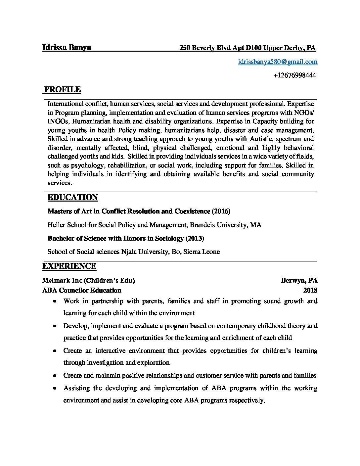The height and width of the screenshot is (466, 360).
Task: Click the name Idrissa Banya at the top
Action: pyautogui.click(x=67, y=47)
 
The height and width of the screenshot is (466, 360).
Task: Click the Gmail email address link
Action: pyautogui.click(x=278, y=61)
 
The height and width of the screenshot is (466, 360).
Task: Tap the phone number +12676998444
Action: pyautogui.click(x=294, y=75)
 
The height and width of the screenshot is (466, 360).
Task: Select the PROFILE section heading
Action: pyautogui.click(x=63, y=89)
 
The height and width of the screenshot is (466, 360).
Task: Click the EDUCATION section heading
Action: pyautogui.click(x=73, y=198)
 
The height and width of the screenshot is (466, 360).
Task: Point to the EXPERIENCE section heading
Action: pyautogui.click(x=69, y=266)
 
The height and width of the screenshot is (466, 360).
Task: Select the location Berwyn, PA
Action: pyautogui.click(x=299, y=281)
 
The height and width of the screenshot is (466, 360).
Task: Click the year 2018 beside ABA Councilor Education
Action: pyautogui.click(x=310, y=291)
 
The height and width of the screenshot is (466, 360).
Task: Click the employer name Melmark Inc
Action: pyautogui.click(x=62, y=281)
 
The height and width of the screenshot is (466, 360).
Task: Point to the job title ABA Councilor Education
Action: pyautogui.click(x=82, y=291)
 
